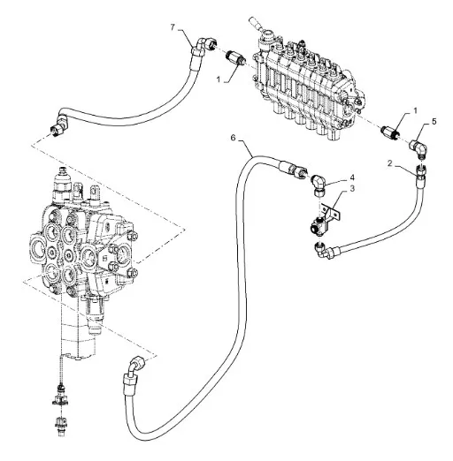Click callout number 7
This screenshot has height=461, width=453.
[x=173, y=27]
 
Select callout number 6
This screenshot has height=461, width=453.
[x=234, y=138]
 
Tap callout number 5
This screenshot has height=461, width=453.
[x=434, y=121]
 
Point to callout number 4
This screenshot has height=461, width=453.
[x=352, y=178]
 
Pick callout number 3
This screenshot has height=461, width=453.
[x=352, y=188]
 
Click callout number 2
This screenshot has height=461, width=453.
[x=390, y=163]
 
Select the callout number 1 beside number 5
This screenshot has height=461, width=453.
[x=416, y=110]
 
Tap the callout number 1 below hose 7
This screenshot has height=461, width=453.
[x=219, y=79]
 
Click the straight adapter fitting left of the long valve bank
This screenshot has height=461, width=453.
[x=236, y=57]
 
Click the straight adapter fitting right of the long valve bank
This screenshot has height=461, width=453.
[x=390, y=132]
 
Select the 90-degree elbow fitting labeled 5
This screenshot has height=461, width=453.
[x=419, y=149]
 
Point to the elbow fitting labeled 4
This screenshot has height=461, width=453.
[x=319, y=184]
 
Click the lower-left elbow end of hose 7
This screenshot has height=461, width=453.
[x=59, y=126]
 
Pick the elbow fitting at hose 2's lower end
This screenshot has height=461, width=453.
[x=324, y=251]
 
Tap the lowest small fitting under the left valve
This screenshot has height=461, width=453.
[x=60, y=425]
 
